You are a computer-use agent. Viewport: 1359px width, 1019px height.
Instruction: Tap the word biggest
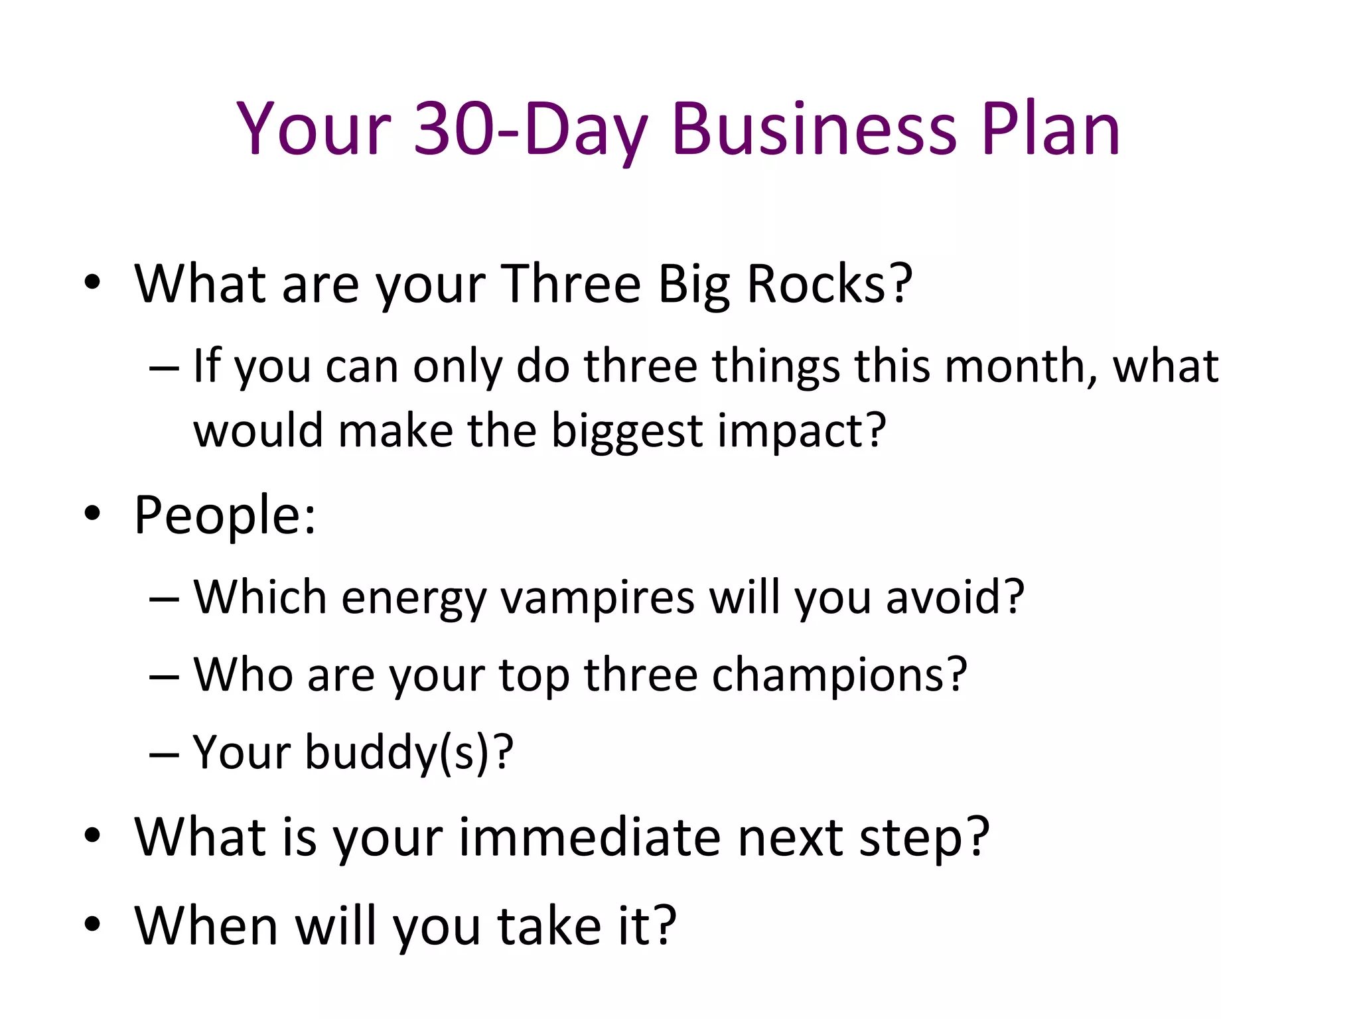626,431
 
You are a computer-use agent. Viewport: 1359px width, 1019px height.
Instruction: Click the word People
224,515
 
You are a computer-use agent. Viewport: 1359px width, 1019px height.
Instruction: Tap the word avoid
954,597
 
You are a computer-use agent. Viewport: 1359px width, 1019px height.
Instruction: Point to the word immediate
589,837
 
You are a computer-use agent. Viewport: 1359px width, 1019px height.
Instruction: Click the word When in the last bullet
206,925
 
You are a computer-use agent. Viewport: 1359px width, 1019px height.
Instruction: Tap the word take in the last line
549,925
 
